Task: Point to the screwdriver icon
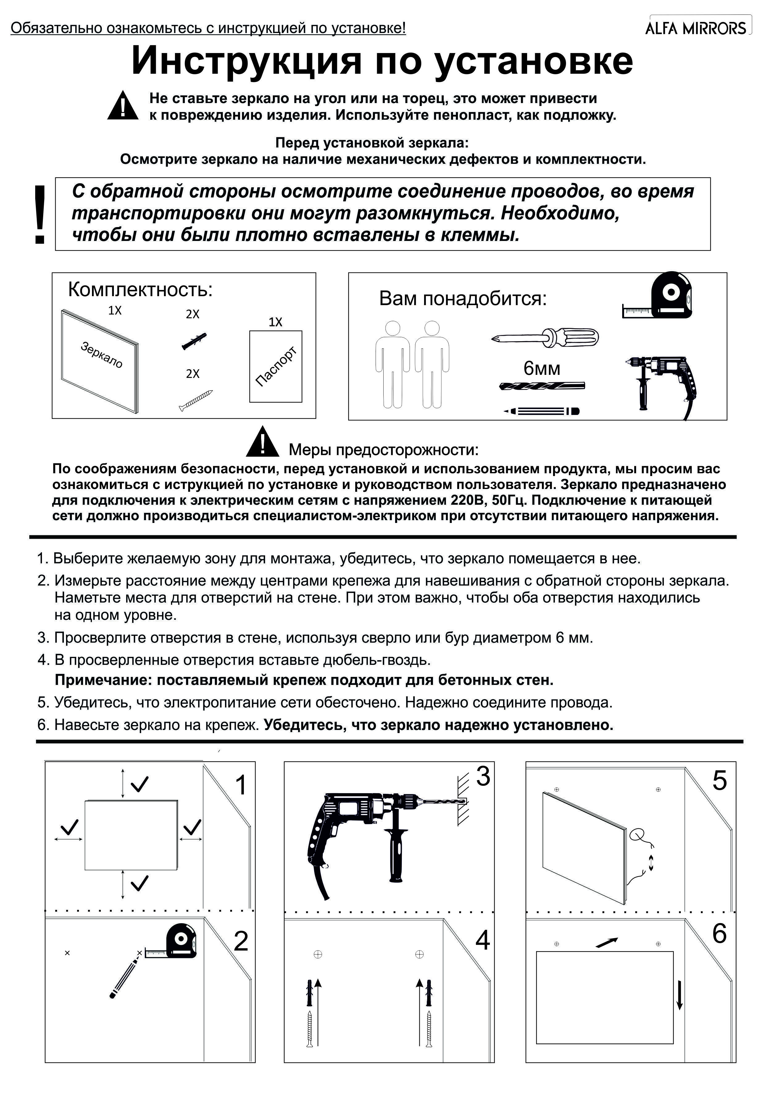coord(545,337)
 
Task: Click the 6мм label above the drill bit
coord(542,368)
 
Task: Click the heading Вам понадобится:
coord(462,299)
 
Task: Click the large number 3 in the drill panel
coord(483,776)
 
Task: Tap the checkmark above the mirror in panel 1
coord(139,784)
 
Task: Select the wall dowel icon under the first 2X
coord(194,341)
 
